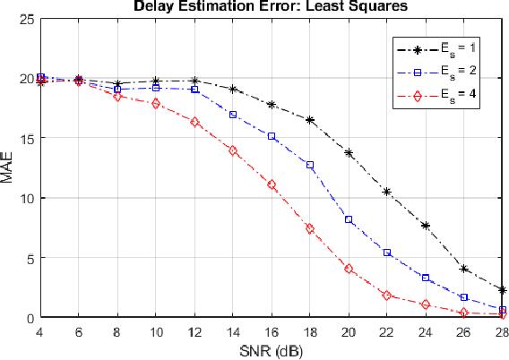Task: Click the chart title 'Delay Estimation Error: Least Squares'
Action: pos(271,7)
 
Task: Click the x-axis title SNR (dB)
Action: pos(272,349)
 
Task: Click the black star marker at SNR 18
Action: pos(310,120)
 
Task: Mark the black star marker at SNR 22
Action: pos(387,192)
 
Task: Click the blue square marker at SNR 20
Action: pos(349,219)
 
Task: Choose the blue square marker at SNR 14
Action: pos(233,115)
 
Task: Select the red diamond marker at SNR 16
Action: pos(272,184)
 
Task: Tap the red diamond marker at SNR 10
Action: pos(156,104)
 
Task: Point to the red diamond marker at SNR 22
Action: pos(387,295)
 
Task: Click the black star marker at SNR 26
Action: pos(464,269)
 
